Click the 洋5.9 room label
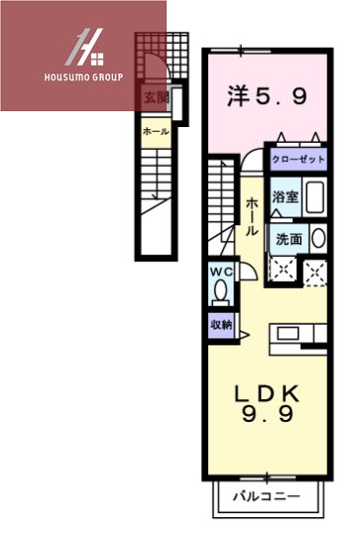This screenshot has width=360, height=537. tap(266, 96)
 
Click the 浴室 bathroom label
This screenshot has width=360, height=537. tap(286, 197)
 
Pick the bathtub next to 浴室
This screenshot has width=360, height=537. tap(315, 197)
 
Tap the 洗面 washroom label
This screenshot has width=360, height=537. tap(289, 238)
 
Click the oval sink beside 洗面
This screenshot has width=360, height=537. tap(317, 237)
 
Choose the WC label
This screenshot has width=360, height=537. tap(220, 271)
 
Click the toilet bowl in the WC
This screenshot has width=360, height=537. tap(220, 291)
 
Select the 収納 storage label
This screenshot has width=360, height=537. tap(220, 325)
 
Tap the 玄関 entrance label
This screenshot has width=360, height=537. tap(156, 97)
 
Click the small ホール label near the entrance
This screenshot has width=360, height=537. tap(155, 130)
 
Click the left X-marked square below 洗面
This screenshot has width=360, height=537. tap(282, 268)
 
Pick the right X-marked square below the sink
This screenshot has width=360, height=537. tap(316, 269)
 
